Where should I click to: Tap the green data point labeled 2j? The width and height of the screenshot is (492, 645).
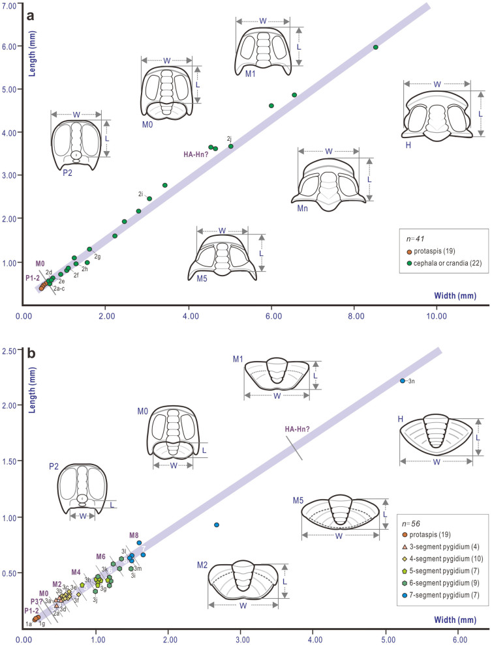click(x=231, y=146)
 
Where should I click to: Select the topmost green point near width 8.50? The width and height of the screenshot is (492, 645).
click(x=375, y=47)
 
